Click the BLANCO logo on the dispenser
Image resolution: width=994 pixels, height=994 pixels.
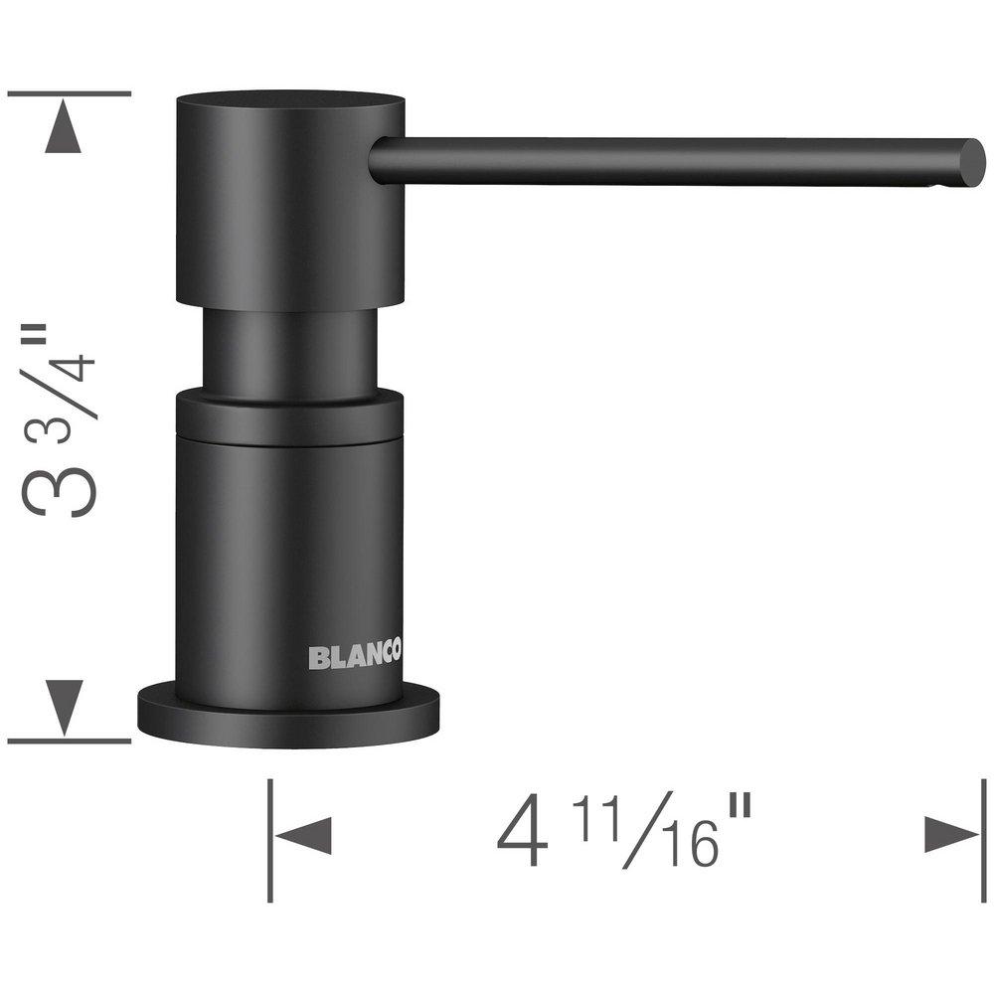pos(354,656)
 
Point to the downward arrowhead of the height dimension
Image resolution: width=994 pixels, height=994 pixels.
pos(65,706)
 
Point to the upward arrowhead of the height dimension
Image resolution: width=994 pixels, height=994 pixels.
pos(65,129)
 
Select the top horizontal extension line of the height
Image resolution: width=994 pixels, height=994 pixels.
pos(70,93)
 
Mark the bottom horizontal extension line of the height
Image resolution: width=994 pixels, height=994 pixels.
pos(70,741)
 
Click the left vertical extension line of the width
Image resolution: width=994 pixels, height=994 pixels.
pos(270,840)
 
